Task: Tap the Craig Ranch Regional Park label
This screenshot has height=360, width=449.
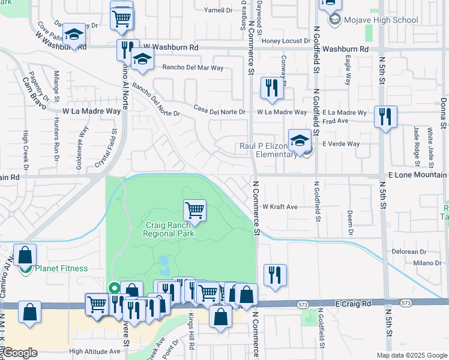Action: pyautogui.click(x=169, y=230)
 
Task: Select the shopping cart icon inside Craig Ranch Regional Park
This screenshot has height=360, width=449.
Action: pyautogui.click(x=194, y=211)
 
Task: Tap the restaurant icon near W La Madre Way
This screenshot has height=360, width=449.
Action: pyautogui.click(x=272, y=89)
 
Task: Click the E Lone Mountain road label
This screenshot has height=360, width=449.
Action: pyautogui.click(x=415, y=174)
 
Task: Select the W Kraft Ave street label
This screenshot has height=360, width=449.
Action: pyautogui.click(x=280, y=207)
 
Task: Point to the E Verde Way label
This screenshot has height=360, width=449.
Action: pyautogui.click(x=341, y=144)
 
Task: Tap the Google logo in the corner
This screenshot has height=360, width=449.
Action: pyautogui.click(x=20, y=353)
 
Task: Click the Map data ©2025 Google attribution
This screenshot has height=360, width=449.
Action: pyautogui.click(x=411, y=355)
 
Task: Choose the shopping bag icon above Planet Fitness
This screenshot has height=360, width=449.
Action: pyautogui.click(x=25, y=255)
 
